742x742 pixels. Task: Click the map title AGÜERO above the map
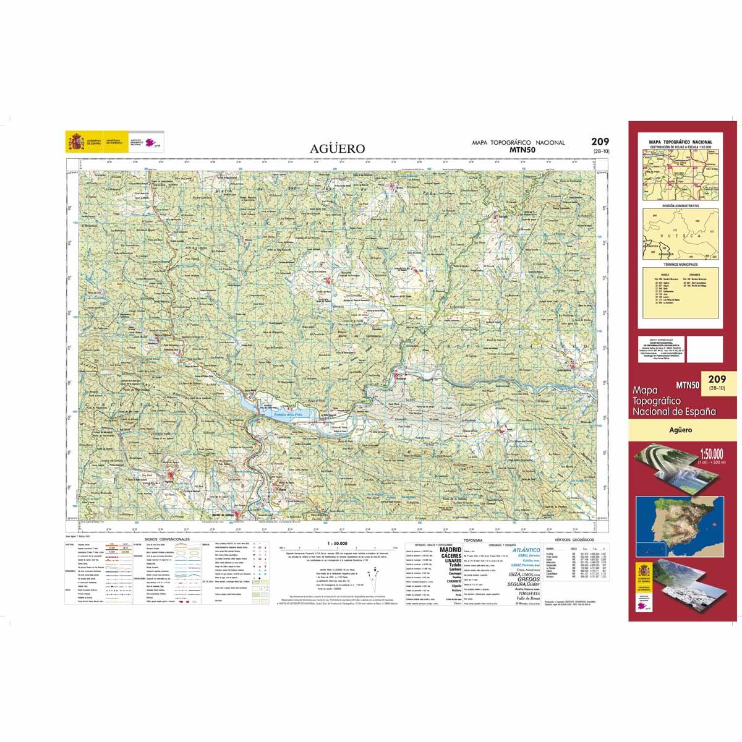coord(337,149)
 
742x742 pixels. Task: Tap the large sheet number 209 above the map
coord(592,142)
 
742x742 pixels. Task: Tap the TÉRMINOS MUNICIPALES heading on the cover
coord(679,264)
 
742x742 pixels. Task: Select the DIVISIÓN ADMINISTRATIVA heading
coord(679,205)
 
